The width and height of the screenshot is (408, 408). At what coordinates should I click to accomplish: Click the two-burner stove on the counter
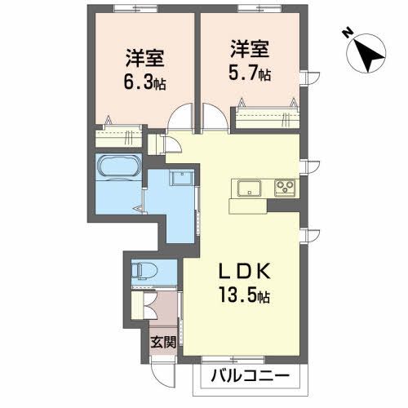(284, 188)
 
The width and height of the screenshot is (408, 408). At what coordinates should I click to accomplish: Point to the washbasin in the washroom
(182, 180)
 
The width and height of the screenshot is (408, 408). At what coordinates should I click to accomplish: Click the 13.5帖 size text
(242, 295)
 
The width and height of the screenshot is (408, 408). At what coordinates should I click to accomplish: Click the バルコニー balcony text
(250, 377)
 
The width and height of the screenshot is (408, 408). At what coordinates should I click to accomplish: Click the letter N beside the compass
(347, 33)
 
